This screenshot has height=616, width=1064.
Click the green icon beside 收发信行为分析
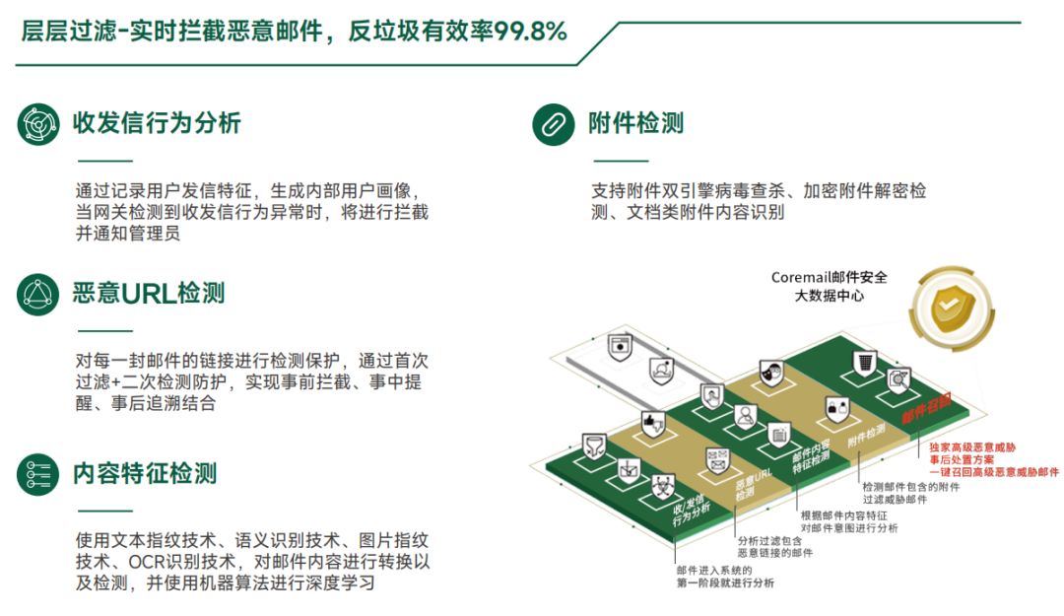coord(38,123)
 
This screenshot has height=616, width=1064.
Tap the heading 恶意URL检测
coord(149,293)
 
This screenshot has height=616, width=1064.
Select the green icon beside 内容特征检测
coord(38,474)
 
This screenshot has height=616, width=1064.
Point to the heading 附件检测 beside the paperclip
coord(635,123)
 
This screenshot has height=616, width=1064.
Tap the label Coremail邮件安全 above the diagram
coord(829,277)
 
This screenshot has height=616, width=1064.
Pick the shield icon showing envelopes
coord(716,459)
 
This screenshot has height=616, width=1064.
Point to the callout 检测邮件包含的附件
coord(910,486)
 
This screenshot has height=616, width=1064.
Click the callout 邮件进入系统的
coord(714,570)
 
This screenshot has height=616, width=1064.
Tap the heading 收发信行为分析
coord(157,123)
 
